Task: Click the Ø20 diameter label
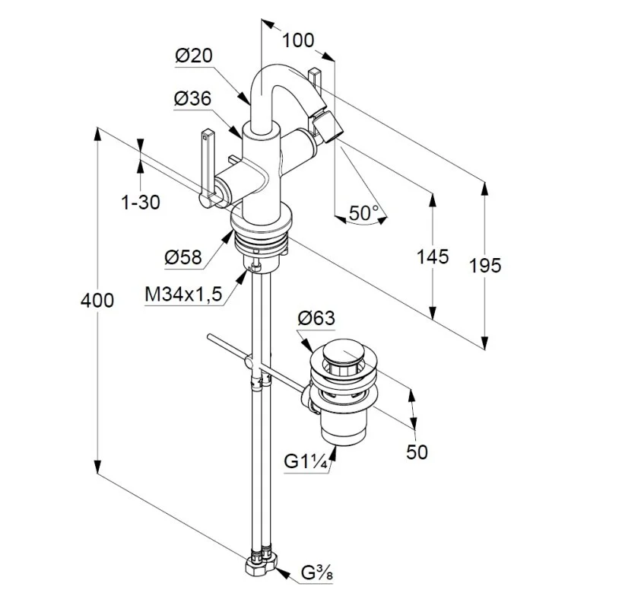pyautogui.click(x=193, y=55)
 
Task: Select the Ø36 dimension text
pyautogui.click(x=192, y=99)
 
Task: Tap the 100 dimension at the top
pyautogui.click(x=298, y=40)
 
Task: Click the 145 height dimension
pyautogui.click(x=432, y=257)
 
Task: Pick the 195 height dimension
pyautogui.click(x=485, y=265)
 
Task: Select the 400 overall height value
pyautogui.click(x=97, y=300)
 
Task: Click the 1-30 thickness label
pyautogui.click(x=141, y=203)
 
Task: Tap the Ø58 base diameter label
pyautogui.click(x=183, y=257)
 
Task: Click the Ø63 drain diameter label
pyautogui.click(x=316, y=318)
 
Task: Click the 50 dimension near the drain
pyautogui.click(x=417, y=451)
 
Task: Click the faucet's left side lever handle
pyautogui.click(x=207, y=164)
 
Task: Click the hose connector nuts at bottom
pyautogui.click(x=260, y=564)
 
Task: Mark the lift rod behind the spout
pyautogui.click(x=315, y=80)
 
